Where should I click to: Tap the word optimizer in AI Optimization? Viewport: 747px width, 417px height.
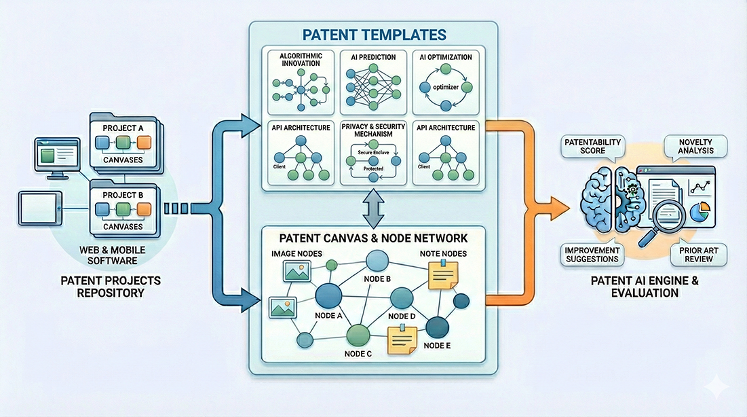(445, 88)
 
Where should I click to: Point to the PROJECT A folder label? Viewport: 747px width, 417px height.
(123, 127)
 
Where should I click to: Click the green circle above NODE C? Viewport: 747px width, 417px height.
(358, 335)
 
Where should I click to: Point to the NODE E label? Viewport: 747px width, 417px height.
(438, 345)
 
